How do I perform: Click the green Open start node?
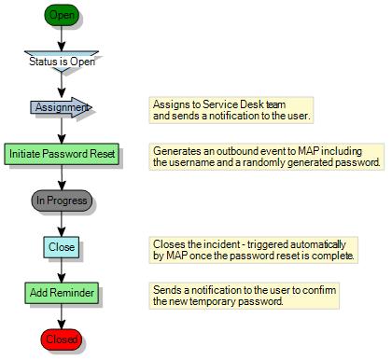pos(62,16)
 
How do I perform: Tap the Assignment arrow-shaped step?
pos(61,107)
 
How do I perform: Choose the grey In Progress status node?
pos(62,200)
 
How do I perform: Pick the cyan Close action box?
pos(62,247)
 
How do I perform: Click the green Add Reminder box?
pos(62,293)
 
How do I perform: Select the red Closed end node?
pos(62,339)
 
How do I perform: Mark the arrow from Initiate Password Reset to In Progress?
pos(62,177)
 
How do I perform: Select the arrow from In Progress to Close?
pos(62,224)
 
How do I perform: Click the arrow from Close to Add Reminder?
pos(62,270)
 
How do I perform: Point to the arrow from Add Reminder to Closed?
pos(62,316)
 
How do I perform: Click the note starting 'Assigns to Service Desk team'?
pos(231,110)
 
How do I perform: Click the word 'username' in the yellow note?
pos(178,163)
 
